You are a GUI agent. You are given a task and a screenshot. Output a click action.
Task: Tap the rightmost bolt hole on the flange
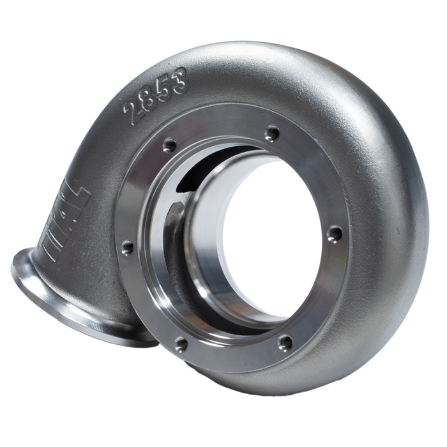[333, 234]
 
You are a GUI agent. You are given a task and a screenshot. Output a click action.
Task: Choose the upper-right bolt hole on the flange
[273, 133]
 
